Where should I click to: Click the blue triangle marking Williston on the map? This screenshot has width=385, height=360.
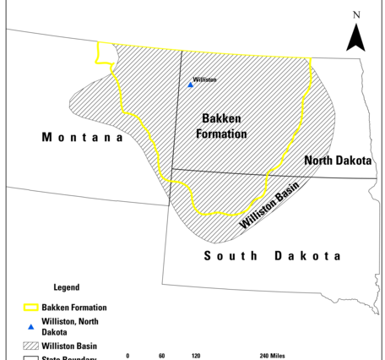click(191, 85)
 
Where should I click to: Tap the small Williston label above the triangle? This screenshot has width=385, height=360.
click(204, 79)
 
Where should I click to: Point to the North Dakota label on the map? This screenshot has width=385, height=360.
click(339, 161)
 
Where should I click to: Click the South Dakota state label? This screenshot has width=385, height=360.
click(273, 255)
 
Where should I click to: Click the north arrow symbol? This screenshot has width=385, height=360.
click(355, 37)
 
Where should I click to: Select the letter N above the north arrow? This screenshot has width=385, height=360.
click(356, 14)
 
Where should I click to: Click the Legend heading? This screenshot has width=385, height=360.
click(66, 287)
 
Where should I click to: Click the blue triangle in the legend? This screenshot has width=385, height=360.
click(31, 327)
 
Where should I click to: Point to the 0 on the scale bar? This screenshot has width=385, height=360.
click(127, 356)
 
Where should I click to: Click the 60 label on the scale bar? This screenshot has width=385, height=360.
click(161, 356)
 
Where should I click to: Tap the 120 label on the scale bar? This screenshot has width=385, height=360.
click(196, 356)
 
